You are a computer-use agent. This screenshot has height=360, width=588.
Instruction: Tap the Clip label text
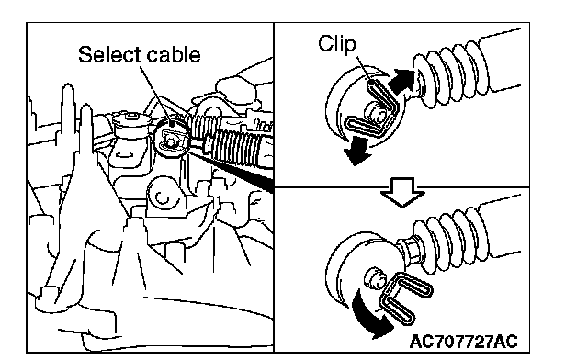point(337,44)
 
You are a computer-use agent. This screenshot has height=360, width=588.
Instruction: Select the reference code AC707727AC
point(463,342)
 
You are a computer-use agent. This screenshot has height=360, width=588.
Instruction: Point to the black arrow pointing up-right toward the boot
point(403,81)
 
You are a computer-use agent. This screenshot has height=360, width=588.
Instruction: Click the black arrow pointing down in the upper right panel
point(357,151)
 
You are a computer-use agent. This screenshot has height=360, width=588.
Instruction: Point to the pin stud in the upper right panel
point(376,112)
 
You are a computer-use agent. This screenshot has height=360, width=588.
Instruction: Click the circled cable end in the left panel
point(172,136)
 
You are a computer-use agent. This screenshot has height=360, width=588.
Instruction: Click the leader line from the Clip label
point(363,68)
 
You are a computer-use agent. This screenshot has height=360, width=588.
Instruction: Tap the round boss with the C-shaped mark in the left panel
point(163,195)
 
